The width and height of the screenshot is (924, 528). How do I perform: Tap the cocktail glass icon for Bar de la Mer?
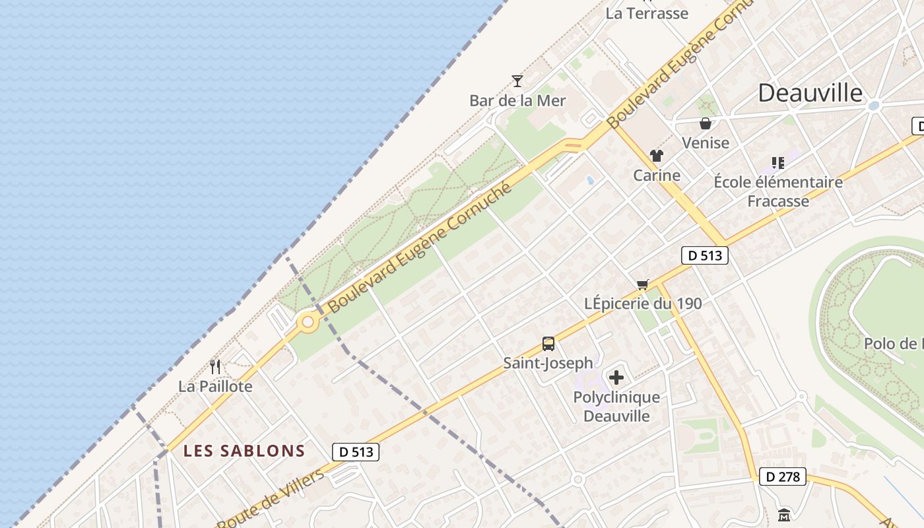coord(517,81)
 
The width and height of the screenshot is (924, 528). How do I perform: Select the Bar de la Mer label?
coord(517,101)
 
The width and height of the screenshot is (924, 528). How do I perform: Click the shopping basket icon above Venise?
coord(706,123)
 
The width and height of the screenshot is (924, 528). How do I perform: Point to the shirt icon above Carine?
coord(656,156)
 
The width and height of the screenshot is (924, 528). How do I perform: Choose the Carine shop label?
coord(656,176)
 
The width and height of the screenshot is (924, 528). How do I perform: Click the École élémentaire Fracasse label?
coord(778,191)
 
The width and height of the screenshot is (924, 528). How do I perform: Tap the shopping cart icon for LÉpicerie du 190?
coord(643,284)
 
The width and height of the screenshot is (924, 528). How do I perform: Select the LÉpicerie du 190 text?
coord(643,304)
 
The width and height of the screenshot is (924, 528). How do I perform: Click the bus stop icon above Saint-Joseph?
coord(548,343)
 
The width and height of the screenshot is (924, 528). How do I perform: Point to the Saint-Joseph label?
coord(548,363)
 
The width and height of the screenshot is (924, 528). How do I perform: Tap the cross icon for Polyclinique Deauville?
coord(616,378)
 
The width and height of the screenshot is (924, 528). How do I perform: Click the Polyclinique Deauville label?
coord(616,407)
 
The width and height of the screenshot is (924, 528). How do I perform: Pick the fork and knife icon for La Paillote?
coord(215,366)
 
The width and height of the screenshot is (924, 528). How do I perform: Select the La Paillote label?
coord(215,386)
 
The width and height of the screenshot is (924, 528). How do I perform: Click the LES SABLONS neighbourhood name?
coord(244,451)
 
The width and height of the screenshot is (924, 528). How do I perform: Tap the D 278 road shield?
coord(783,477)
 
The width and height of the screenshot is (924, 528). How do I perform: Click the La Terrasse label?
coord(647,13)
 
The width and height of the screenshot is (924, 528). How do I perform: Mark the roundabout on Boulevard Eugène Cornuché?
coord(308,323)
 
